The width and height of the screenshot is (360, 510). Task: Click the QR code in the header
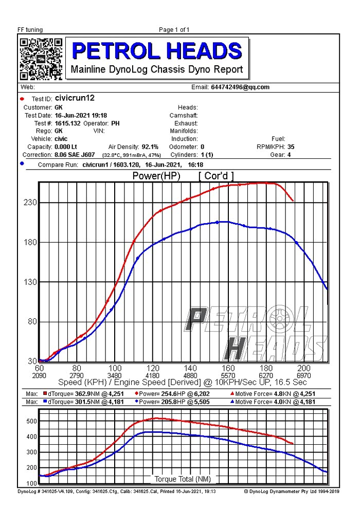(41, 59)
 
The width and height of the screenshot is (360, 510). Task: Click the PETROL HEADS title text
(157, 51)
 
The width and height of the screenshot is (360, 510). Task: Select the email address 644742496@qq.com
(240, 87)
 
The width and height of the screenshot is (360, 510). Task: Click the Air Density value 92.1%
(150, 147)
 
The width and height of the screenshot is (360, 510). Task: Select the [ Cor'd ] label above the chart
(216, 176)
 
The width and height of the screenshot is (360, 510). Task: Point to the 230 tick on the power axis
(29, 203)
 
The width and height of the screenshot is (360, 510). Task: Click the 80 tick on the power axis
(31, 322)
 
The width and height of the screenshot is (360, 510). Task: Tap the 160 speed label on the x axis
(228, 368)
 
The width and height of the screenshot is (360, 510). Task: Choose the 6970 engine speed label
(304, 376)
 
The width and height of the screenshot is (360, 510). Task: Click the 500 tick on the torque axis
(31, 421)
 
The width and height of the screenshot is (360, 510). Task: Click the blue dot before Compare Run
(22, 163)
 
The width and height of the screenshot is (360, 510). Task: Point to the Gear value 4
(289, 154)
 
